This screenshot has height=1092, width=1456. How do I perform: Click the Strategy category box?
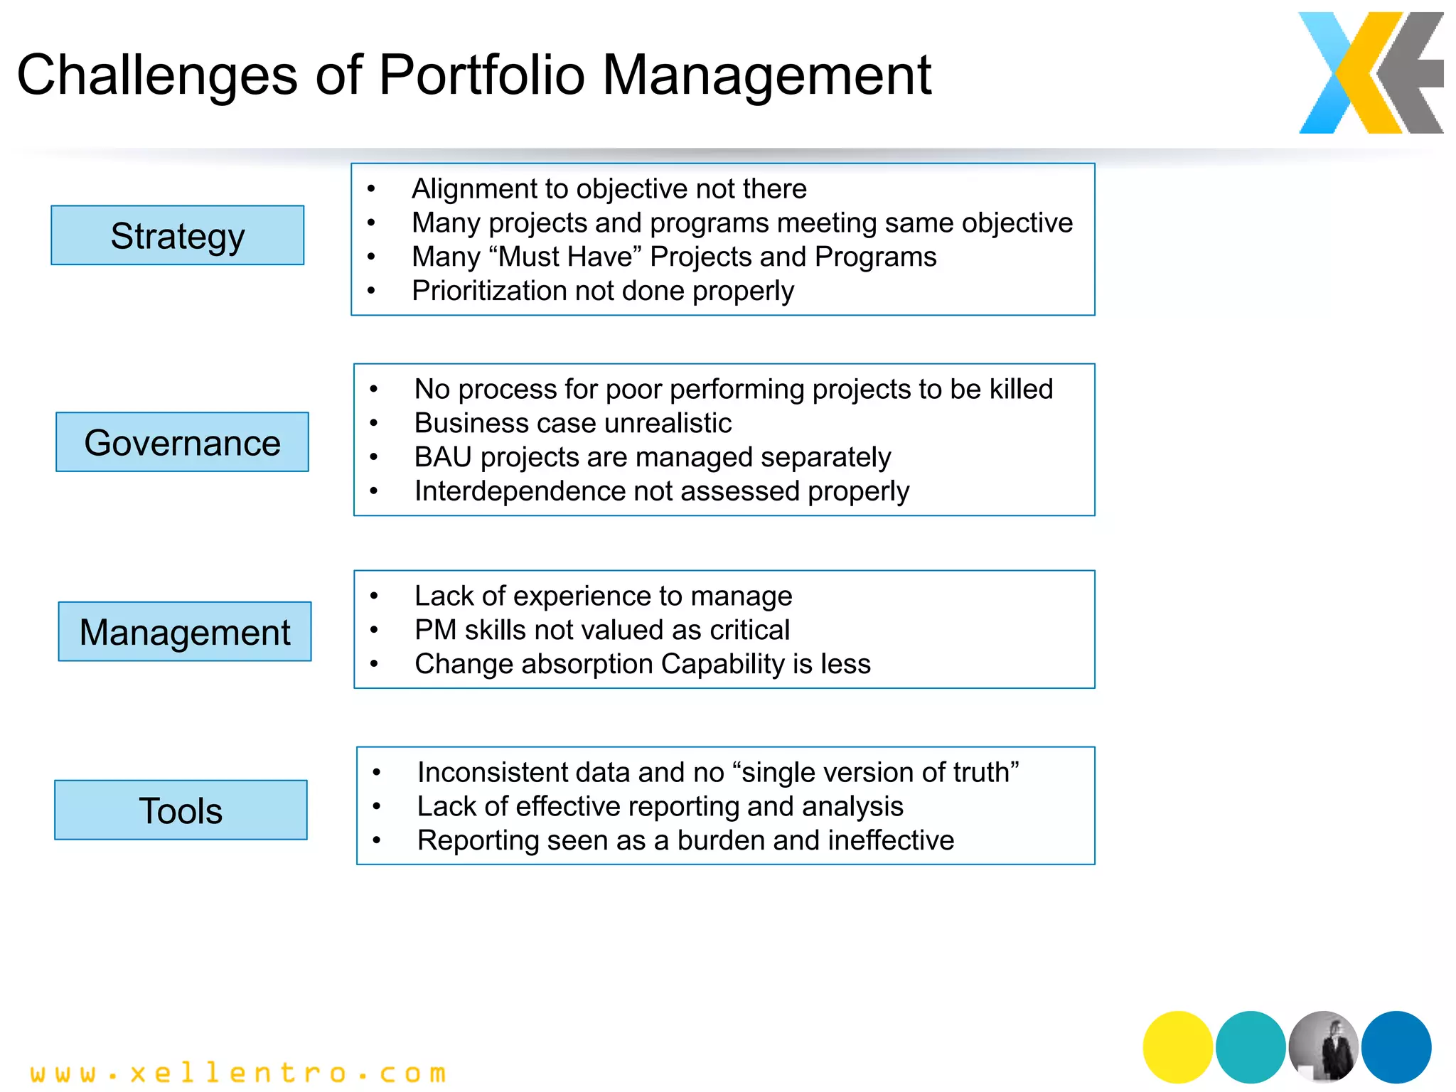(x=177, y=235)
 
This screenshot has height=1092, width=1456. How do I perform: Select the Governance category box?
(x=182, y=442)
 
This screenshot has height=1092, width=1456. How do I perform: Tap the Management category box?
(x=185, y=632)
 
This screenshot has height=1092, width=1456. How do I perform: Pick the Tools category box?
(x=181, y=810)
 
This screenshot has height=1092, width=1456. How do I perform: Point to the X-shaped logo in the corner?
(x=1370, y=73)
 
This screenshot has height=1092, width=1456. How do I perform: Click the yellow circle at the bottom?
(x=1177, y=1046)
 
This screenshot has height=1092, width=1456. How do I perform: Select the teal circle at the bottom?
(x=1251, y=1046)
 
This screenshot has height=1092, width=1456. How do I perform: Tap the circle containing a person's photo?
(x=1324, y=1046)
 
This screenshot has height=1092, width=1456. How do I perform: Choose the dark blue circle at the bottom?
(x=1396, y=1046)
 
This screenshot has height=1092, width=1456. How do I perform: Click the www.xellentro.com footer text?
(x=238, y=1072)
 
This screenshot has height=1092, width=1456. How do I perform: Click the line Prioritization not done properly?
(x=602, y=291)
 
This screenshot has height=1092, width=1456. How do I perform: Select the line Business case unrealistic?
(x=572, y=423)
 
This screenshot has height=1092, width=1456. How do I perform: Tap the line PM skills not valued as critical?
(x=601, y=630)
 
